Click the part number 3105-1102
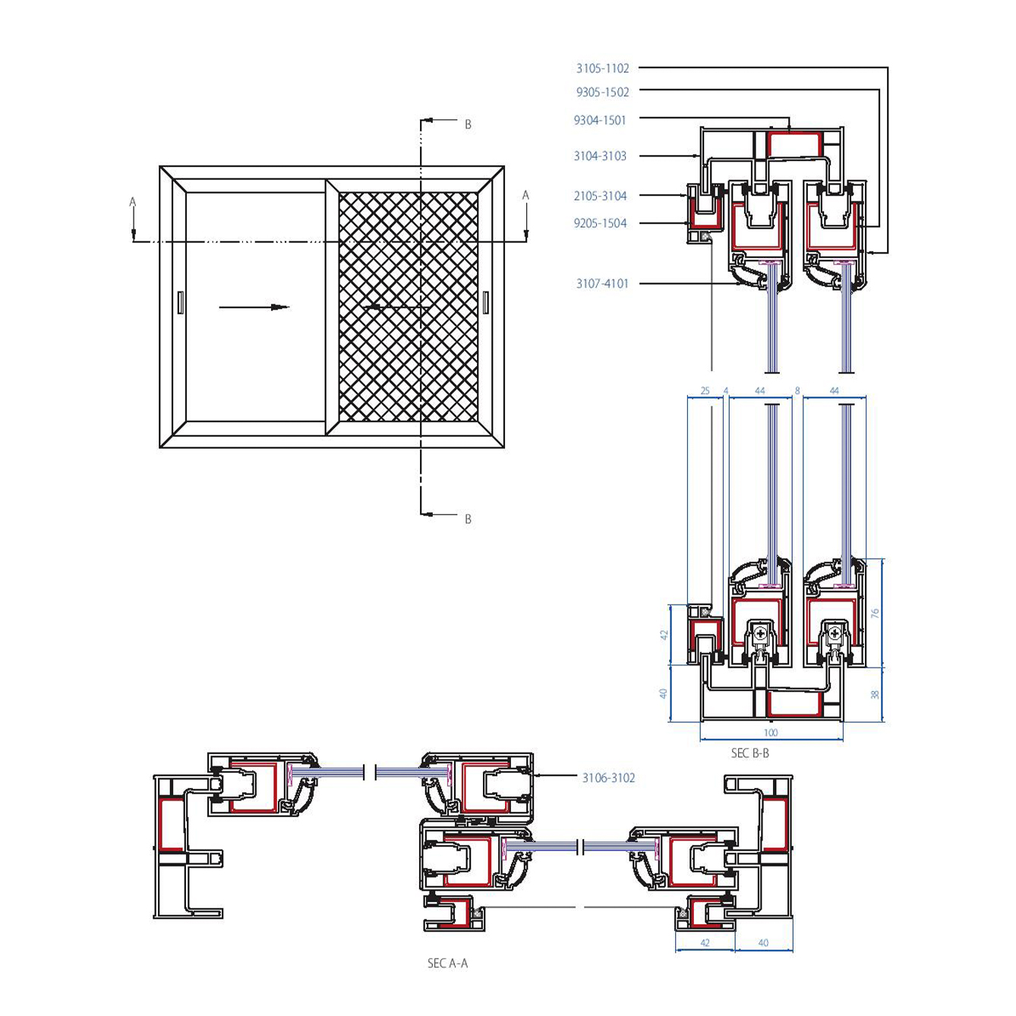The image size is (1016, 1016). (x=602, y=68)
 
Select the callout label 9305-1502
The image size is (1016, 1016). (x=602, y=93)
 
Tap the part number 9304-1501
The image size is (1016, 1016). (x=600, y=120)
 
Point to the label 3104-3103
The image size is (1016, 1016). (x=600, y=156)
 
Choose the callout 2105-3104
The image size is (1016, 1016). (x=600, y=196)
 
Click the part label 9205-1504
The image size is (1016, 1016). (x=600, y=223)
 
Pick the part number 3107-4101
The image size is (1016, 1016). (x=602, y=284)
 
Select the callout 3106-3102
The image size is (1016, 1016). (x=608, y=778)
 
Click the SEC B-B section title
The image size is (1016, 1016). (x=749, y=753)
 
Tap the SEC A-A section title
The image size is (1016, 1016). (x=447, y=964)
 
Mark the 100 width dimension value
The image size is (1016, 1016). (x=771, y=733)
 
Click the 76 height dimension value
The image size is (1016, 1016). (x=875, y=613)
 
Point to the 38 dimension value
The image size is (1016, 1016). (x=875, y=694)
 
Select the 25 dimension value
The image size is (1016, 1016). (x=705, y=391)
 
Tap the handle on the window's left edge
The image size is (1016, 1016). (x=180, y=302)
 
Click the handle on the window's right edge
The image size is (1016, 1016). (x=486, y=302)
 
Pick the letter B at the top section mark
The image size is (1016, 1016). (x=468, y=125)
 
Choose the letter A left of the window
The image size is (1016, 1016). (x=133, y=202)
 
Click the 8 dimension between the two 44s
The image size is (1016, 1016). (x=797, y=391)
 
